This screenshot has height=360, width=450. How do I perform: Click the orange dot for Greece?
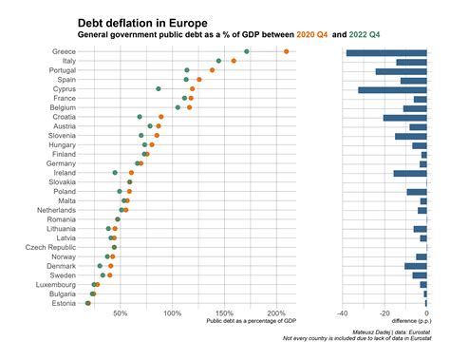coord(286,51)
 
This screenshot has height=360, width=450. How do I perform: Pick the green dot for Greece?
coord(247,51)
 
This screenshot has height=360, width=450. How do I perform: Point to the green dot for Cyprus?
coord(159,88)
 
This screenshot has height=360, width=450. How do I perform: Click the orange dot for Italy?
coord(234,61)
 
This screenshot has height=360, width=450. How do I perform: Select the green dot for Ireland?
coord(115,173)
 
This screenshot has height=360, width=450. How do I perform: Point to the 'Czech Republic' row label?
coord(51,247)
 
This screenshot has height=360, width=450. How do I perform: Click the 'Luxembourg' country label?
coord(56,284)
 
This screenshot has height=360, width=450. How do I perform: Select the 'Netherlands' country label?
coord(56,210)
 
